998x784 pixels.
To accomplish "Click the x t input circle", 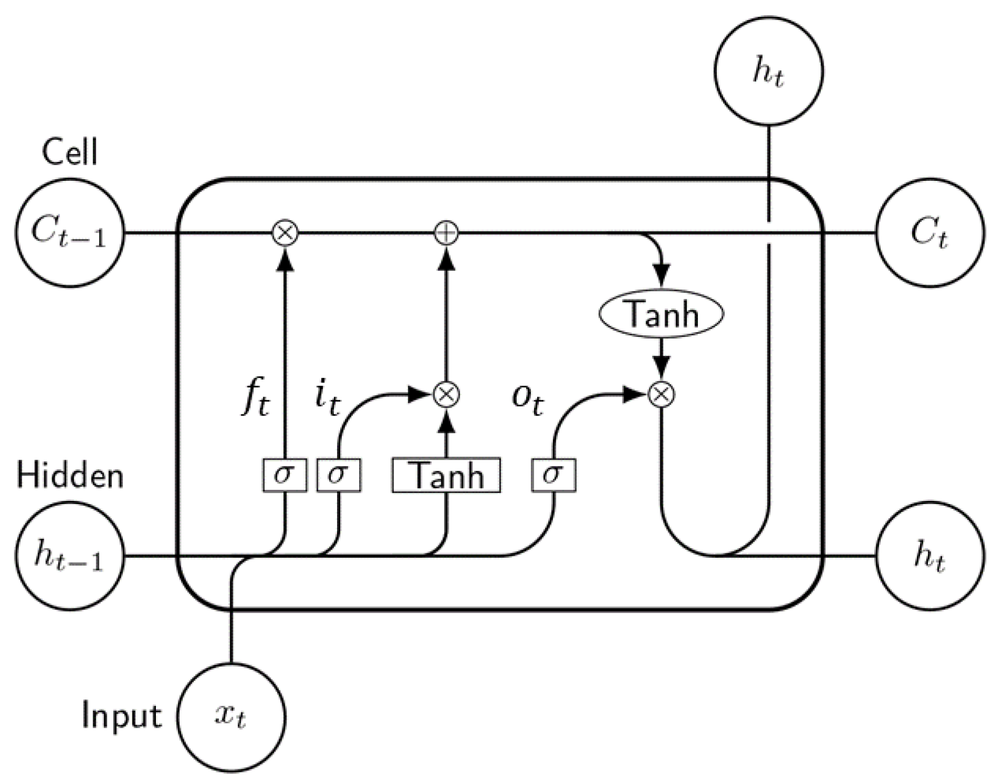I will click(231, 717).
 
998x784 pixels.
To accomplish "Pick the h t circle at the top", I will click(768, 71).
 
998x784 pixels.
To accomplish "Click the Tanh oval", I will click(661, 314).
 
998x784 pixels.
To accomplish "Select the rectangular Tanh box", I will click(446, 475).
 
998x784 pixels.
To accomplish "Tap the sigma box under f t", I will click(285, 475).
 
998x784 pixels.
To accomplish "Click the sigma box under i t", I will click(339, 475).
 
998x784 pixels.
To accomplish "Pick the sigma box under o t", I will click(554, 475).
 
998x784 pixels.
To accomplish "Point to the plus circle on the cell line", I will click(446, 233).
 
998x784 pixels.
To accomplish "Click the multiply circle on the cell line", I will click(285, 233).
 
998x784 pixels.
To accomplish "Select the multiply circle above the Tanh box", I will click(446, 394).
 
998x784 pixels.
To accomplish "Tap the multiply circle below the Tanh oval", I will click(661, 394).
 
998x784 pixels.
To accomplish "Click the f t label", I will click(256, 399).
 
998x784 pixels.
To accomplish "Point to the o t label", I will click(527, 399).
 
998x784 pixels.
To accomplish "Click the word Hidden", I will click(70, 475).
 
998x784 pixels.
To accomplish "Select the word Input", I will click(122, 717).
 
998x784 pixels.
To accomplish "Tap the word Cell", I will click(70, 152).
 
